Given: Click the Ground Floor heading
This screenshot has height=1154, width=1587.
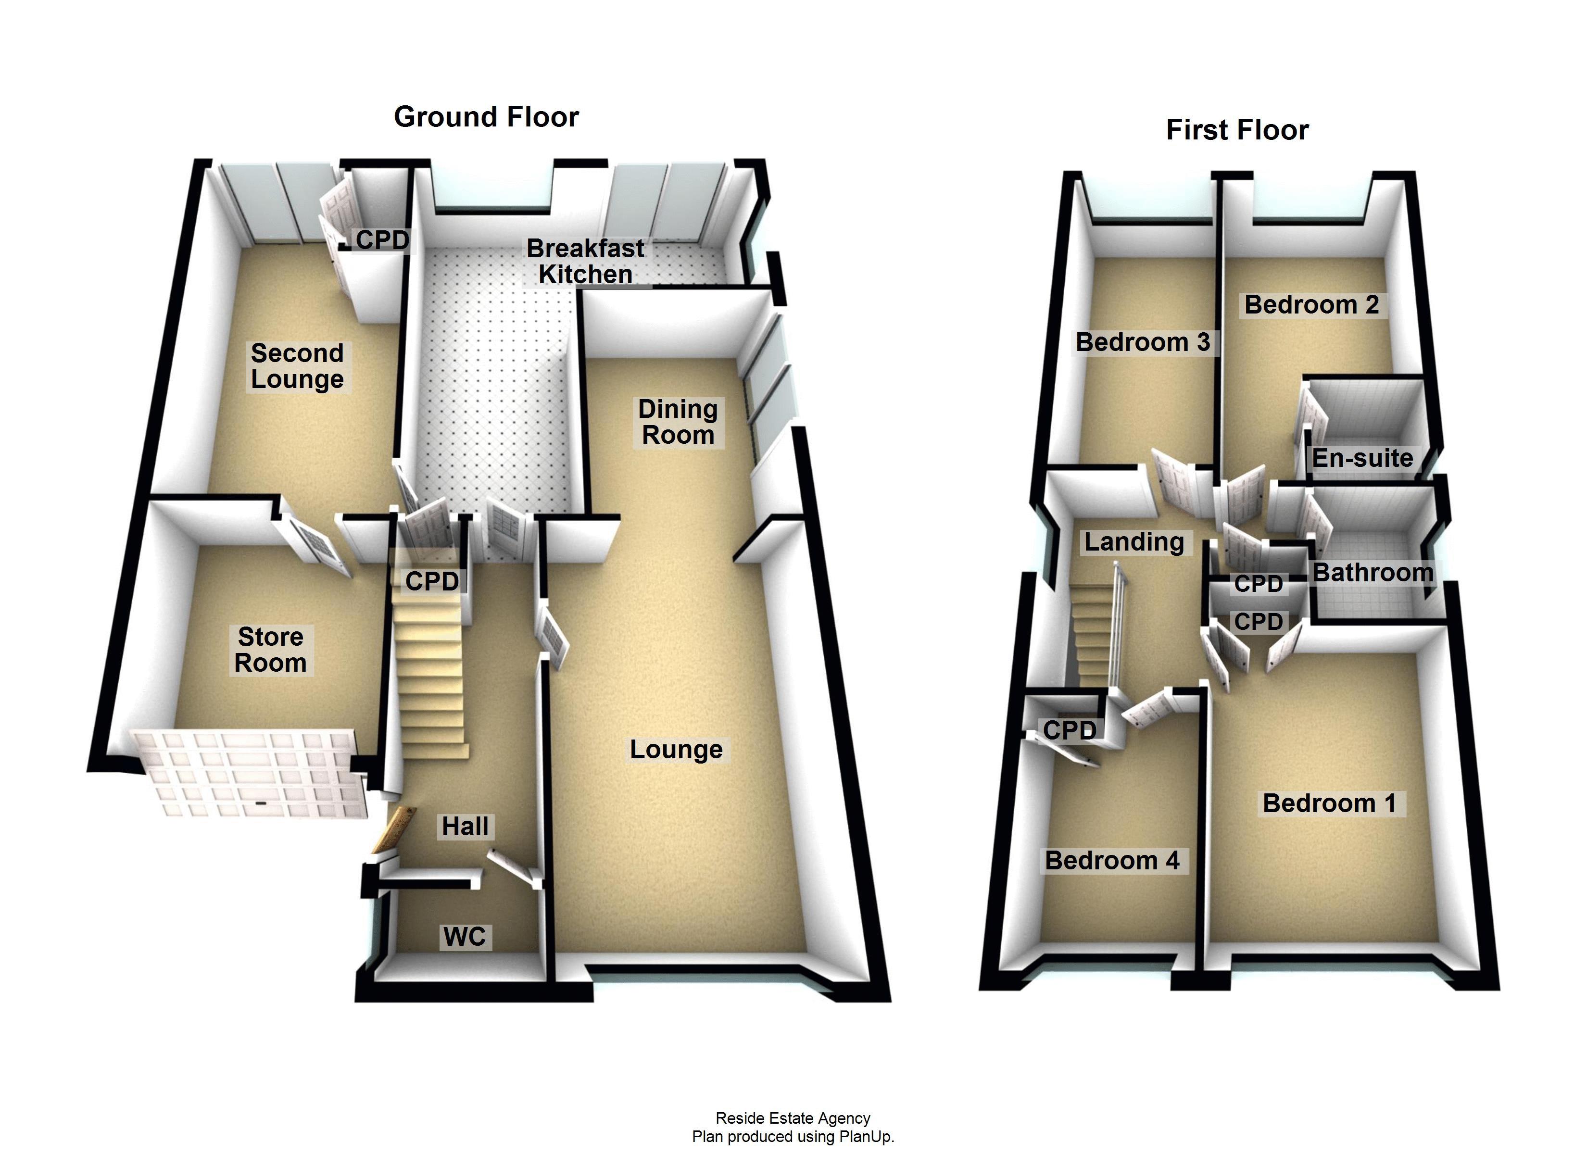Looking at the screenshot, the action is [486, 117].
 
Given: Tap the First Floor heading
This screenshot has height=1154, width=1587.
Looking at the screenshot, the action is [1236, 130].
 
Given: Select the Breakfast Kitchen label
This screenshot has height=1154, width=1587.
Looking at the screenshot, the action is [585, 261].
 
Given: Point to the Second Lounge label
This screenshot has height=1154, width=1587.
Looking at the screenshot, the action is [297, 366].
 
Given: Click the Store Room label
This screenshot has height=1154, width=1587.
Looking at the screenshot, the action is [270, 650].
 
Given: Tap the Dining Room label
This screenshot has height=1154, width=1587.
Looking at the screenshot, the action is [677, 422].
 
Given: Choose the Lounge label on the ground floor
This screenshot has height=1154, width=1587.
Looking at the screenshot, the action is [676, 750].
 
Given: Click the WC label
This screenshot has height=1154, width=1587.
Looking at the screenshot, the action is [464, 936].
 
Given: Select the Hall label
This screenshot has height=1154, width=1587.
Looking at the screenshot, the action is [465, 827].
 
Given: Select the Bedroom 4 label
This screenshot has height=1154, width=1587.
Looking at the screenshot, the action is [1112, 860].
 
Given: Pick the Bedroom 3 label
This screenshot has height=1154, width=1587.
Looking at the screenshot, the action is [1142, 342].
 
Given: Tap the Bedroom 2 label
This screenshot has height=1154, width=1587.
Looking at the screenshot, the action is [1311, 304].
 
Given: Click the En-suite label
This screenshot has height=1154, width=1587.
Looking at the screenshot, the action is [1361, 458].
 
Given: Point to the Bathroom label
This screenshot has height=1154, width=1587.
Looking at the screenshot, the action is [1372, 573].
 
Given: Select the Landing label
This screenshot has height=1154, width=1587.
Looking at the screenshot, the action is [1134, 542].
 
